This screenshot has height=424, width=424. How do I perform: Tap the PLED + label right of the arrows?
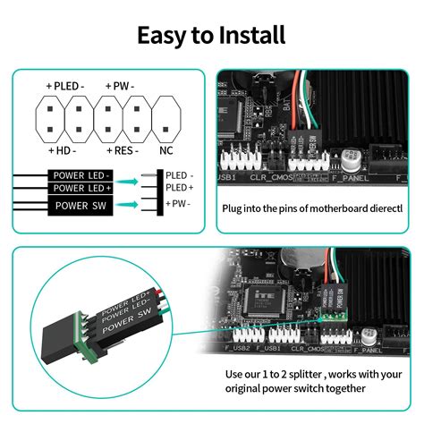(179, 188)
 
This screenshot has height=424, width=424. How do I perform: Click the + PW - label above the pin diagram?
(119, 86)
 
